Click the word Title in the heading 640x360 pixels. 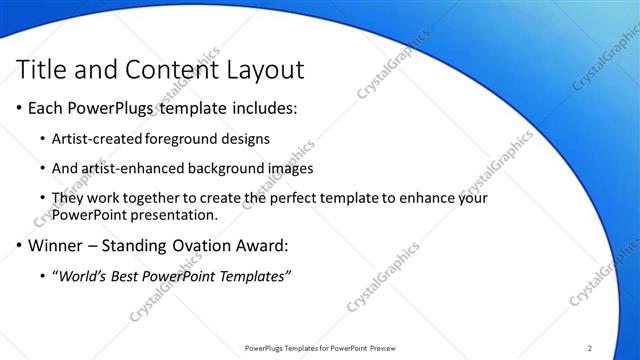(42, 70)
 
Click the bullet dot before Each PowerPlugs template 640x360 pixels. (22, 107)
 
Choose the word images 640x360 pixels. (292, 168)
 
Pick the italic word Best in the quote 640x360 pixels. (134, 276)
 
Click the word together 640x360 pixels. (156, 199)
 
